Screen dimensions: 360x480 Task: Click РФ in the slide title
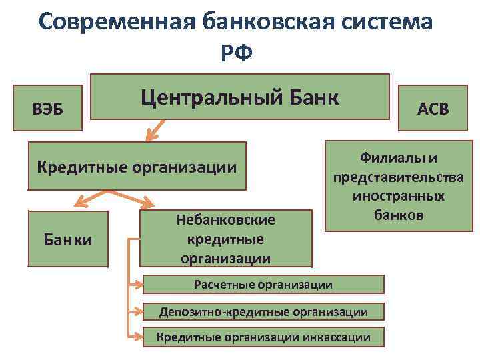pyautogui.click(x=236, y=52)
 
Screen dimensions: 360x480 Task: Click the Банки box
pyautogui.click(x=67, y=238)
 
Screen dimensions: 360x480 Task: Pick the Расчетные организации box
pyautogui.click(x=263, y=285)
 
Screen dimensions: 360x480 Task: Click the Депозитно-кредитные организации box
pyautogui.click(x=263, y=311)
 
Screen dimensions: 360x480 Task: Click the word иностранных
pyautogui.click(x=398, y=197)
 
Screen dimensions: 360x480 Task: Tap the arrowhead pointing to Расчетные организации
pyautogui.click(x=139, y=285)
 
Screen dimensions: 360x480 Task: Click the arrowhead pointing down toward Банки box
pyautogui.click(x=79, y=201)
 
